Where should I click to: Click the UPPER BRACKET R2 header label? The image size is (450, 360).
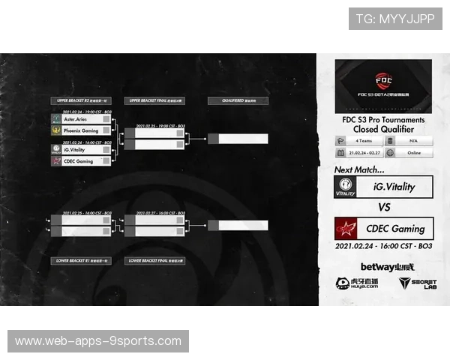[x=80, y=100]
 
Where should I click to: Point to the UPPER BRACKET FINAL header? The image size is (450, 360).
[x=154, y=100]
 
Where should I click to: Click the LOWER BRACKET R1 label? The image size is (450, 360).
[x=80, y=261]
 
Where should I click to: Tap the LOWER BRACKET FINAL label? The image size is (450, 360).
[x=154, y=261]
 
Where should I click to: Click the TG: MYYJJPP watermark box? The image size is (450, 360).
[x=395, y=19]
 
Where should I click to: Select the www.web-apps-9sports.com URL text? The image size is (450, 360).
[x=98, y=341]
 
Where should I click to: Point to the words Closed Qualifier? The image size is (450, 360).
[x=383, y=129]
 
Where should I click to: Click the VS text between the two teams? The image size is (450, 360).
[x=383, y=207]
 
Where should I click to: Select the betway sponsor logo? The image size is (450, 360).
[x=376, y=267]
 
